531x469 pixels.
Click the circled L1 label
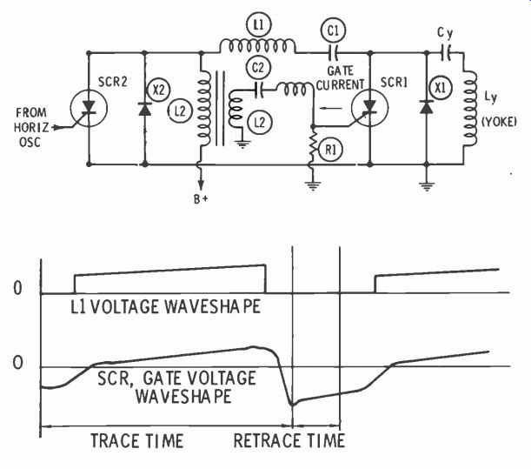click(258, 24)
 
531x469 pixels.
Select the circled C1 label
click(333, 30)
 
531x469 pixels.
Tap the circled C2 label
click(258, 68)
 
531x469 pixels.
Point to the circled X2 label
click(158, 90)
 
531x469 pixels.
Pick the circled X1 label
click(440, 88)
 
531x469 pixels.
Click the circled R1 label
click(330, 149)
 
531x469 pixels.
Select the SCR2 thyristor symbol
click(89, 108)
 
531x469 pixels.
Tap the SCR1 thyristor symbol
click(369, 108)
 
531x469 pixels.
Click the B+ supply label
click(201, 199)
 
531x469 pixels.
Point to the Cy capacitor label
click(445, 33)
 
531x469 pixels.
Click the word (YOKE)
click(499, 121)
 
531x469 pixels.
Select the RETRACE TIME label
click(289, 441)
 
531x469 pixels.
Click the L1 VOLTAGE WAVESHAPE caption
click(165, 306)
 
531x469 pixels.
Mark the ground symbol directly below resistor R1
click(312, 186)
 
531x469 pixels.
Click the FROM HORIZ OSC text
click(30, 127)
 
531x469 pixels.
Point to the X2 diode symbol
click(145, 109)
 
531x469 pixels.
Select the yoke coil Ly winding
click(469, 109)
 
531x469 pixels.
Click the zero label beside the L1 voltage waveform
click(17, 288)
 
